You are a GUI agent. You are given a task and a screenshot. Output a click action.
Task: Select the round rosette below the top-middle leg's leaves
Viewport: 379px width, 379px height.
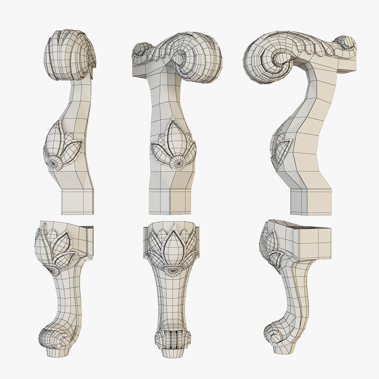coord(177,163)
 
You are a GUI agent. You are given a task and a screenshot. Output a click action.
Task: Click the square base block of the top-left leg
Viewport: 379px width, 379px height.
coord(77,201)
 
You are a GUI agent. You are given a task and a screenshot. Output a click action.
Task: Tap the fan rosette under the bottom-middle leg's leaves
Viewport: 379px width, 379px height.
coord(172,271)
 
